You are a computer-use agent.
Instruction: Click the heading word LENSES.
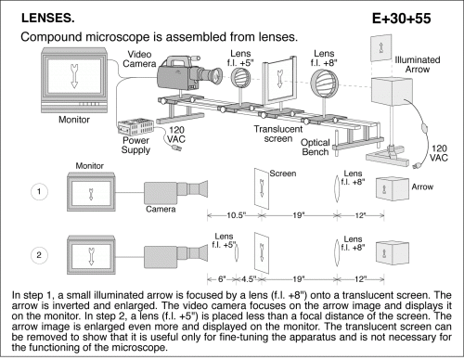[48, 18]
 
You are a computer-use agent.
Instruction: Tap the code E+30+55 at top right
[402, 19]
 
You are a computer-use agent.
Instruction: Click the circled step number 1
[39, 191]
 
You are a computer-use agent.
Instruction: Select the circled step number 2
[39, 255]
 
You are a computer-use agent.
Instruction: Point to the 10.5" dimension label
[237, 215]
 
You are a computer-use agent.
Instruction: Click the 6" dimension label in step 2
[222, 279]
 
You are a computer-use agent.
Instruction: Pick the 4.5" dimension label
[248, 279]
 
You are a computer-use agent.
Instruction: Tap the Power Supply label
[135, 145]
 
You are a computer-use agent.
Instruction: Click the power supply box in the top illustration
[135, 126]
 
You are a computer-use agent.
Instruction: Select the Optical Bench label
[315, 148]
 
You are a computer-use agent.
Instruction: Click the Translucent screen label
[277, 134]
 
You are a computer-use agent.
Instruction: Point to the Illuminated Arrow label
[418, 64]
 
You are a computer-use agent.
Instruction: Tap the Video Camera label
[139, 58]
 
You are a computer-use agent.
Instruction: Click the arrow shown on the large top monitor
[74, 76]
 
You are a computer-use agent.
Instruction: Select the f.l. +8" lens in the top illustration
[324, 84]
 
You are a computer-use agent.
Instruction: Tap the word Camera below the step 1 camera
[161, 209]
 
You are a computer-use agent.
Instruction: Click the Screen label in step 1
[282, 174]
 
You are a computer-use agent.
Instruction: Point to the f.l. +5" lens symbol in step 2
[237, 252]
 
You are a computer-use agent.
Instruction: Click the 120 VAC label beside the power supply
[176, 135]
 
